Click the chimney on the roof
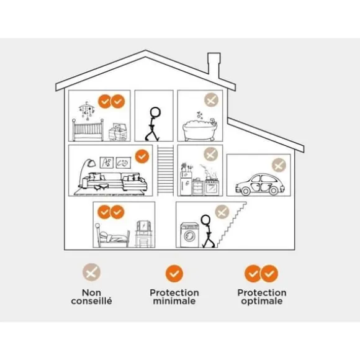tap(214, 65)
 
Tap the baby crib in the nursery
tap(88, 130)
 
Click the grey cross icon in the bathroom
tap(211, 100)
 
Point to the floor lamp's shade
tap(91, 163)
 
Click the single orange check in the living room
tap(142, 156)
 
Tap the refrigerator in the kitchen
tap(186, 184)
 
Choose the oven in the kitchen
tap(212, 187)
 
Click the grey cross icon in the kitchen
tap(211, 154)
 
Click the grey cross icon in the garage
tap(279, 165)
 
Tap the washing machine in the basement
tap(190, 235)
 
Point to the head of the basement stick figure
tap(205, 220)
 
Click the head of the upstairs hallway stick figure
tap(155, 112)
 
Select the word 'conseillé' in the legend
tap(91, 301)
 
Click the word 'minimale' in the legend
tap(174, 301)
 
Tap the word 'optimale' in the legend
tap(262, 301)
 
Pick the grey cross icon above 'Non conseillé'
tap(91, 272)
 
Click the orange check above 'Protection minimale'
tap(174, 274)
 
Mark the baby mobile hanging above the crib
tap(86, 110)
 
